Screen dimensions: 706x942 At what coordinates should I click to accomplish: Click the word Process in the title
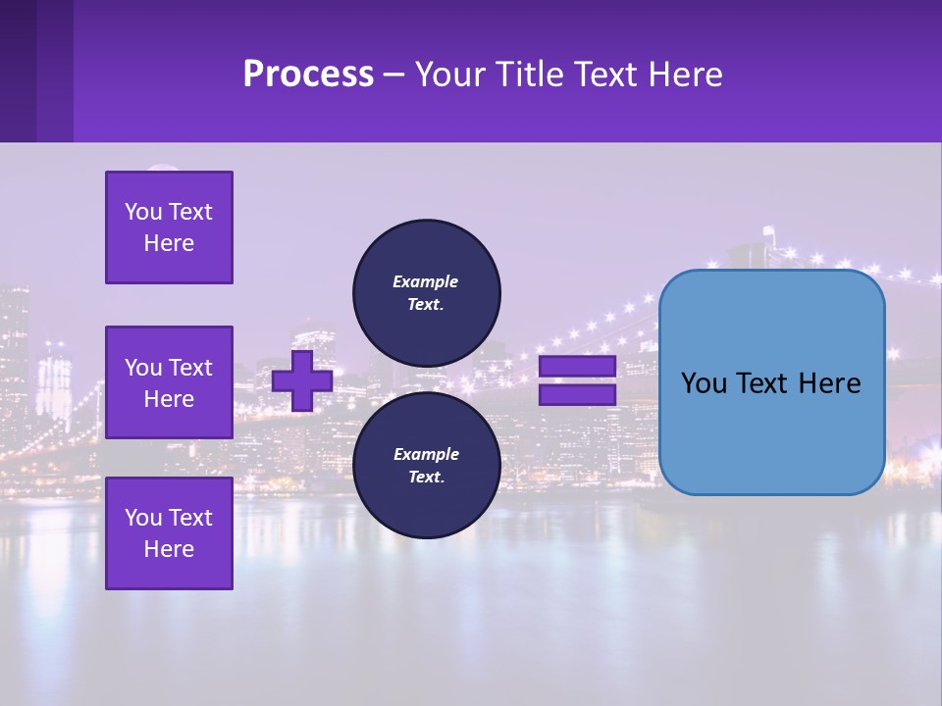[308, 74]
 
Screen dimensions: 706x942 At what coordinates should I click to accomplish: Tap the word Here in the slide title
[683, 74]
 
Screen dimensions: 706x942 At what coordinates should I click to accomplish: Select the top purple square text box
[169, 227]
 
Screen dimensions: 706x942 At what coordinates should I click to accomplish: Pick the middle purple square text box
[169, 382]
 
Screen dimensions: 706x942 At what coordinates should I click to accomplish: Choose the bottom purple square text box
[169, 532]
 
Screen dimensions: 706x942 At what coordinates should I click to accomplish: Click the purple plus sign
[302, 380]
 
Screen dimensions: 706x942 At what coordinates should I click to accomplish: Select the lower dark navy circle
[426, 465]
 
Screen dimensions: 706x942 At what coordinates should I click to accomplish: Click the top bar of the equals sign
[577, 366]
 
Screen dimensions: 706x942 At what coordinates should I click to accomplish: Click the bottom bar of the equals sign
[577, 395]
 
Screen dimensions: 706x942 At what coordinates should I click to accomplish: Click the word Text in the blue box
[761, 383]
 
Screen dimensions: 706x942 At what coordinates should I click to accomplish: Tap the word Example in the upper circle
[426, 281]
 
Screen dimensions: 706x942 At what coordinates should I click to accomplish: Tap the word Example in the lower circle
[426, 454]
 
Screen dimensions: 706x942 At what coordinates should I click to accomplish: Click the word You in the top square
[142, 212]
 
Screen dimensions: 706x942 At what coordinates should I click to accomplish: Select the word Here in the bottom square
[169, 549]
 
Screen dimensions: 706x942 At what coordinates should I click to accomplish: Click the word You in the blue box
[703, 383]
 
